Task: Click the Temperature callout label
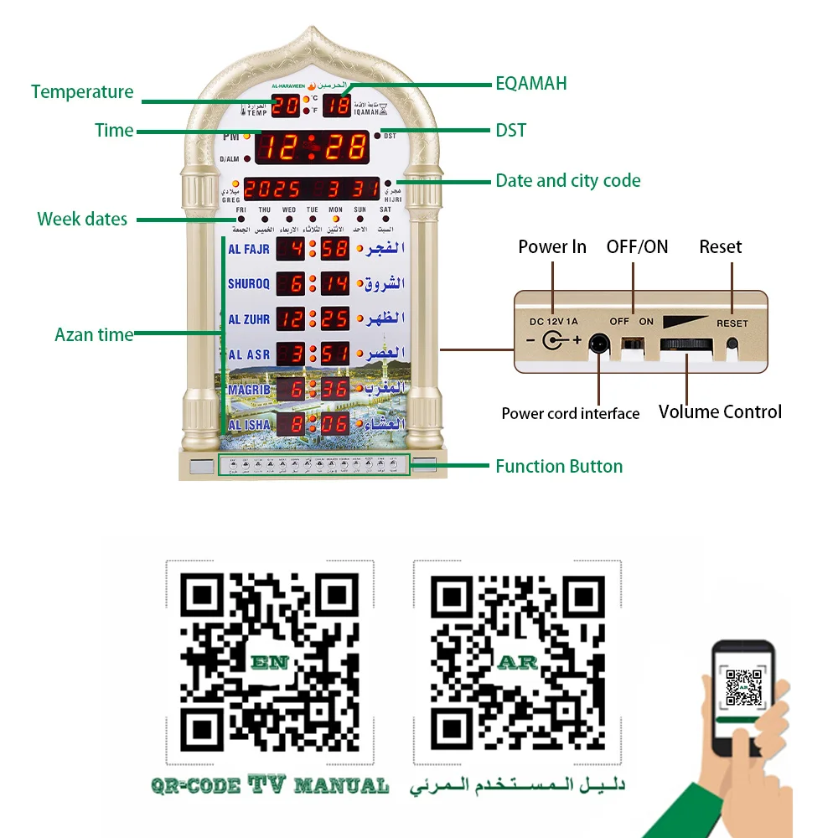tap(82, 92)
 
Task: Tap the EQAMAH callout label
tap(531, 83)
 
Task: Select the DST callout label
tap(510, 130)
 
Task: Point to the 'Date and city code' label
tap(567, 180)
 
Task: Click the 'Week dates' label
tap(82, 220)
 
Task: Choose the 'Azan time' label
tap(94, 334)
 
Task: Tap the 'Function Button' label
tap(559, 467)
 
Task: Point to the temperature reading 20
tap(286, 106)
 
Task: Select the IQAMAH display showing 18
tap(337, 106)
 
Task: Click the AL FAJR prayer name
tap(249, 249)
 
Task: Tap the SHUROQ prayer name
tap(249, 284)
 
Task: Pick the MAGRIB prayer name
tap(249, 390)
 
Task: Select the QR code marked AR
tap(517, 661)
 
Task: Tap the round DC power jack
tap(553, 341)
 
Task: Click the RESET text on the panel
tap(732, 323)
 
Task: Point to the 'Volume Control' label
tap(720, 411)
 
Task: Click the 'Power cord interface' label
tap(570, 413)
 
